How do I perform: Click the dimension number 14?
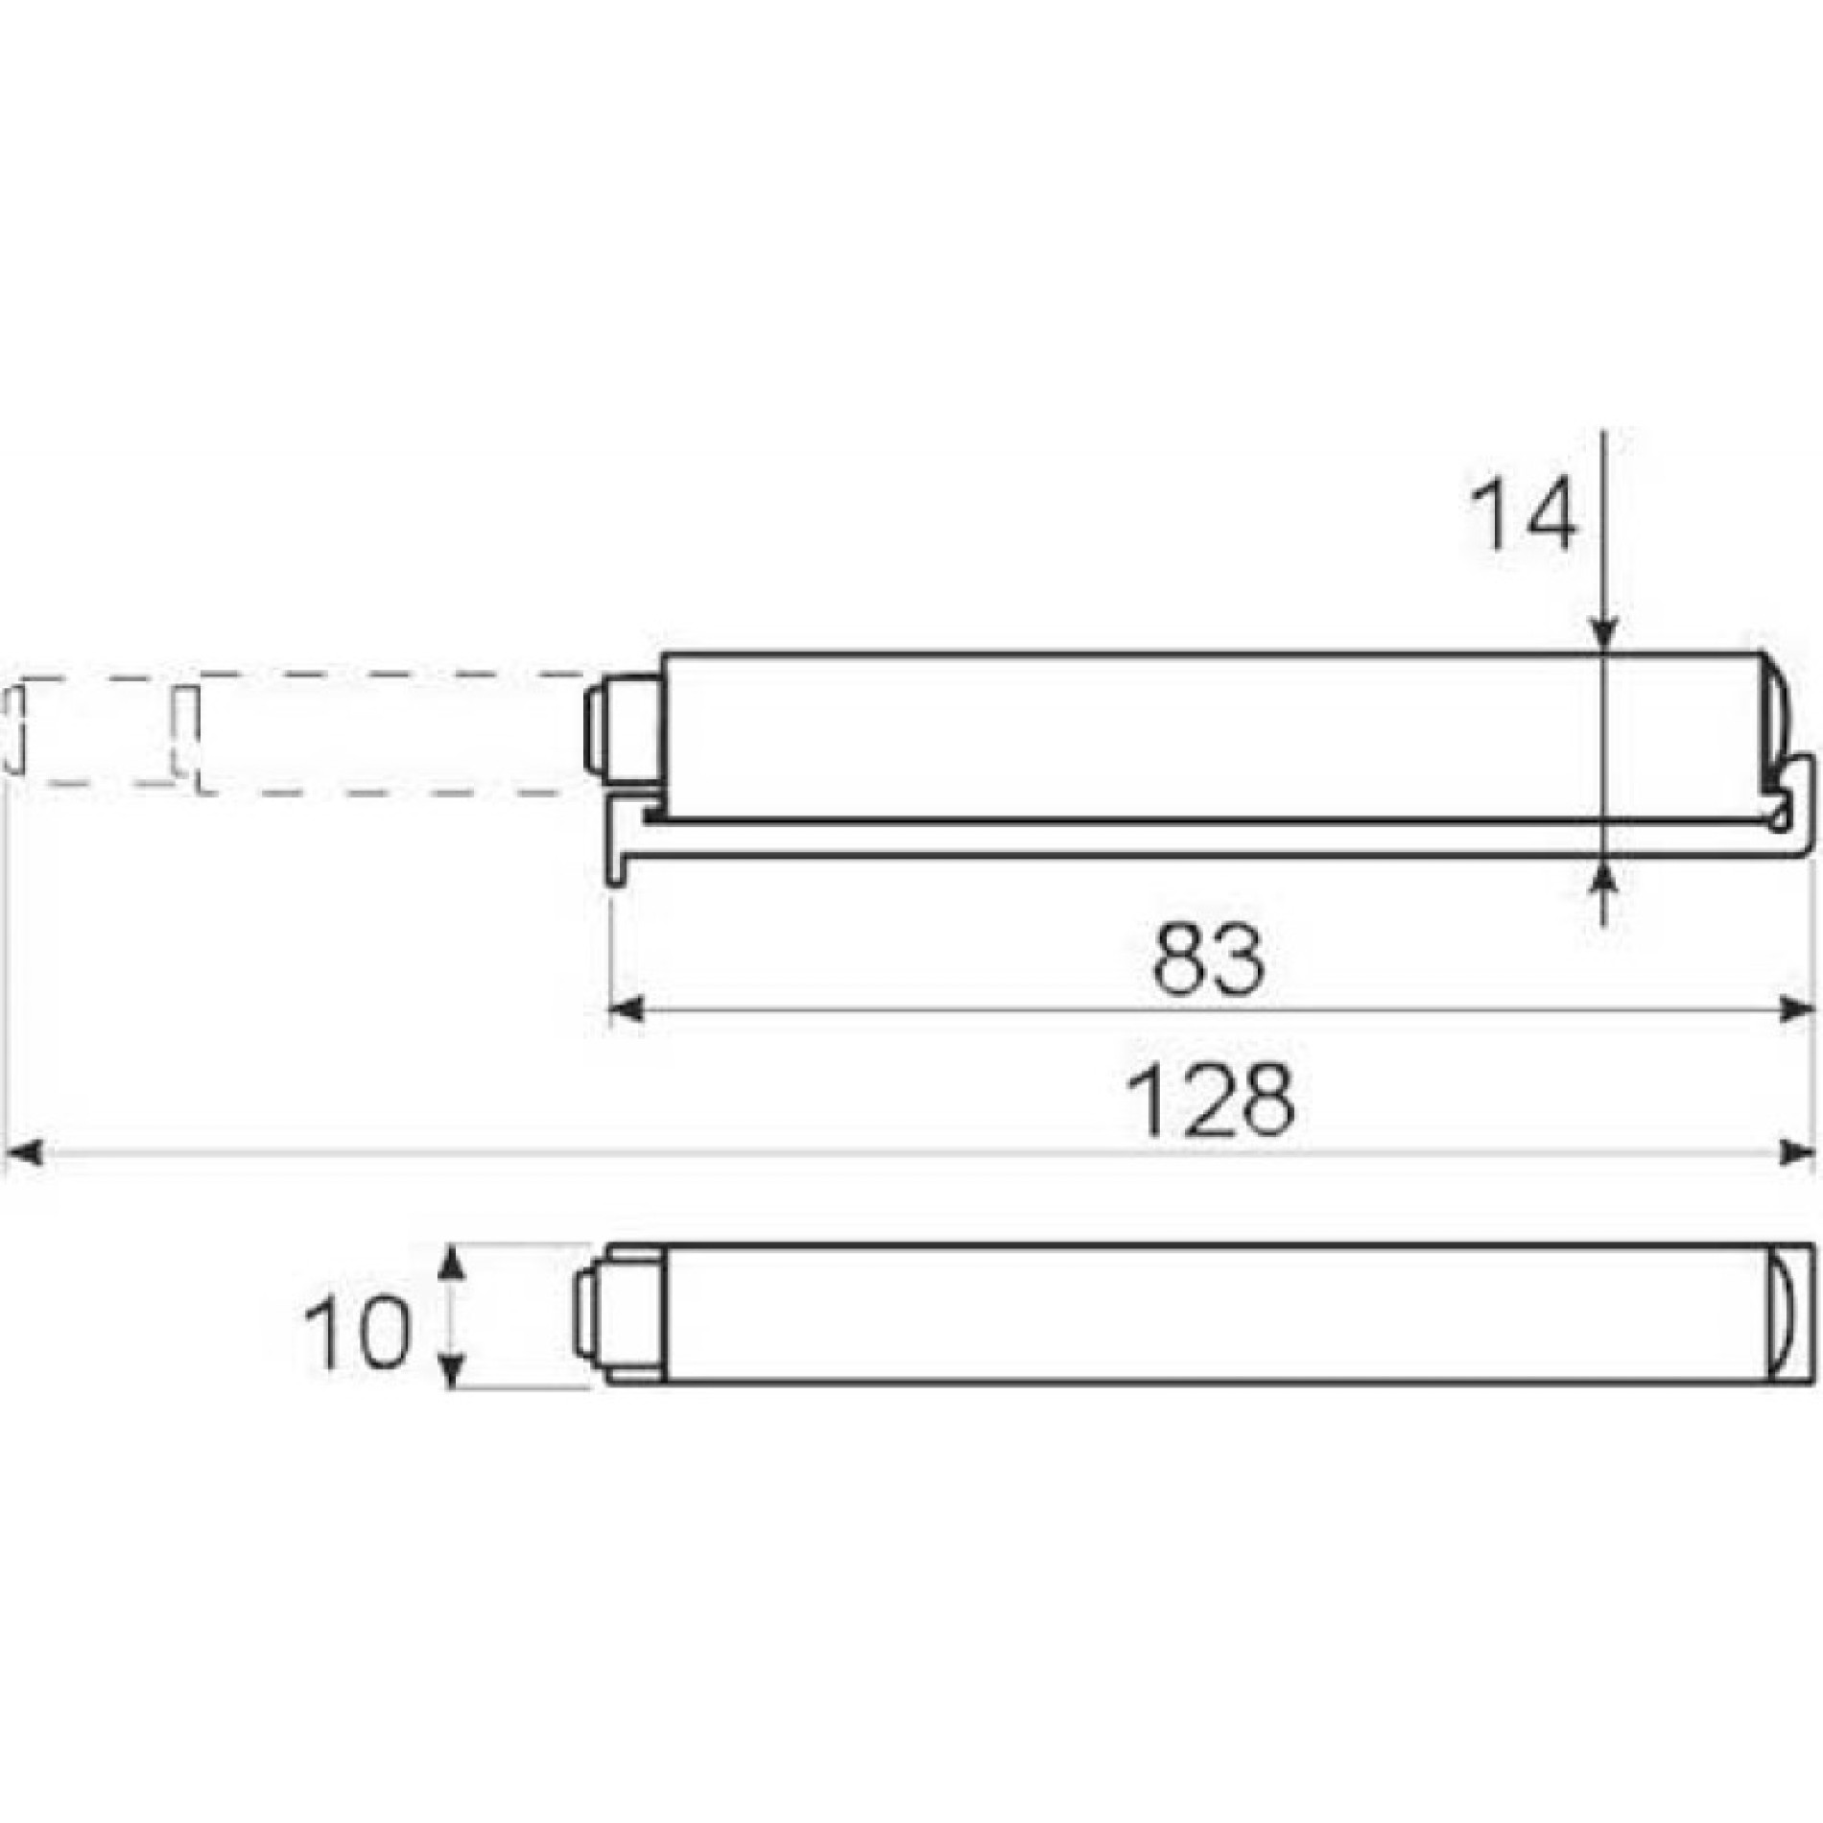(x=1525, y=514)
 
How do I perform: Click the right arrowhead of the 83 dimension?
(x=1796, y=1009)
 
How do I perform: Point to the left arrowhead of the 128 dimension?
(x=24, y=1152)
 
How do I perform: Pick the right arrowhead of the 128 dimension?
(x=1796, y=1152)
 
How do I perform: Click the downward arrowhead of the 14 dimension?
(x=1604, y=634)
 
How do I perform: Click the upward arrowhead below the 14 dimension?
(x=1604, y=874)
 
